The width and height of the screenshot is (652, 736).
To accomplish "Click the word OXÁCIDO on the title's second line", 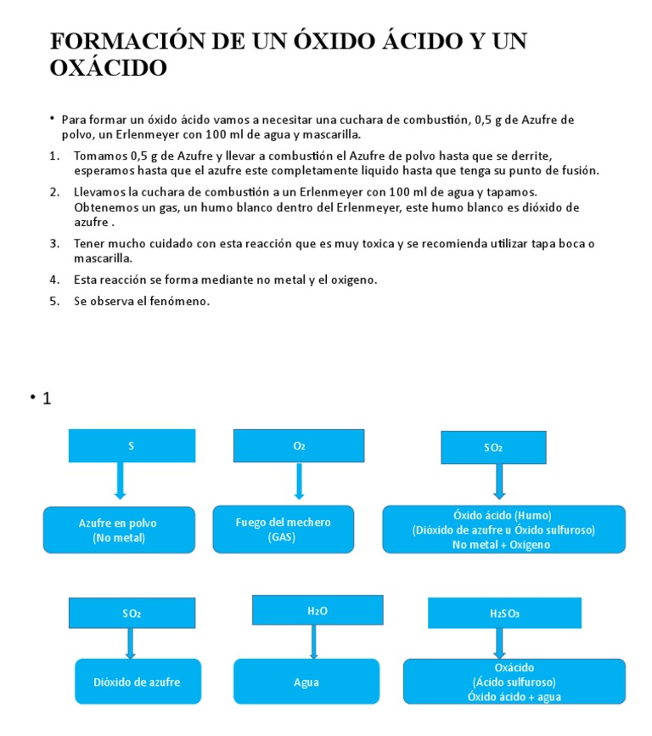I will pos(109,68).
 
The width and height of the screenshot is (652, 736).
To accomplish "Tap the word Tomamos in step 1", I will pos(100,156).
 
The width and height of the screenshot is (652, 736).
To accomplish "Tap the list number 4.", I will pos(53,279).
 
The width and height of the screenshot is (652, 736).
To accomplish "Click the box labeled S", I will pos(132,445).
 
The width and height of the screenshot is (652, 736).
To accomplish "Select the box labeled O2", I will pos(298,445).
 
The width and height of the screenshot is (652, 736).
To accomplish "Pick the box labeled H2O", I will pos(317,610).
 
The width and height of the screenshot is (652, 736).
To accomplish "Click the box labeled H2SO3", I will pos(504,613).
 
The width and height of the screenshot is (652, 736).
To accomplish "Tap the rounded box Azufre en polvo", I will pos(119,530).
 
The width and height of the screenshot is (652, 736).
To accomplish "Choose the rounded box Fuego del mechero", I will pos(283,529).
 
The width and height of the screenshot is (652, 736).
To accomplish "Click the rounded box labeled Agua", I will pos(306,682).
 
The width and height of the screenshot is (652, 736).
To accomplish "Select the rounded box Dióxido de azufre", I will pos(138,682).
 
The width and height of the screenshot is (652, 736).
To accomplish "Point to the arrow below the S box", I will pos(121,482).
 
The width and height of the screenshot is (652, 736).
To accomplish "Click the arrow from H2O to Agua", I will pos(314,642).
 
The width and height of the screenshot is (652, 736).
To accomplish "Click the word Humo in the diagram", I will pos(533,515).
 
